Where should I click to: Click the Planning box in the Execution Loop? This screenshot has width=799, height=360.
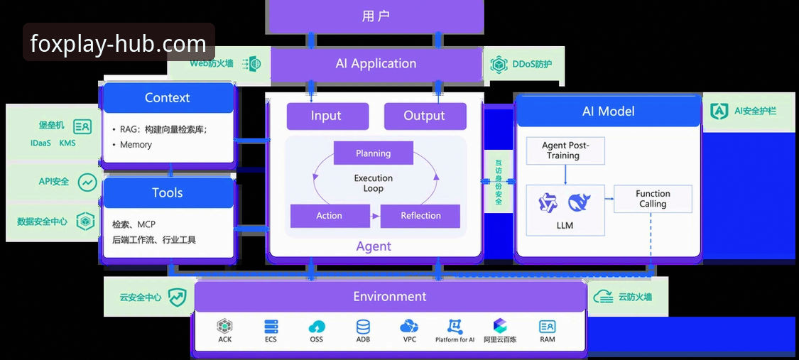(373, 153)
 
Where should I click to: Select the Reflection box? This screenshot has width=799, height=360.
(420, 216)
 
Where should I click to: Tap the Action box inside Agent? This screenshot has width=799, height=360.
(330, 216)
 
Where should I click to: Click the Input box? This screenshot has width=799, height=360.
(327, 116)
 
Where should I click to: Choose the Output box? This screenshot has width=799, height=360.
(425, 116)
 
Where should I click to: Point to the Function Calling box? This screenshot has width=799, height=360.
(653, 199)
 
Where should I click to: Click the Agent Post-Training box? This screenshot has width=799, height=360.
(565, 151)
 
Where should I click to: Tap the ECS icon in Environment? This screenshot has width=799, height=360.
(271, 327)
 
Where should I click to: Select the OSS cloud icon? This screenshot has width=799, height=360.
(317, 327)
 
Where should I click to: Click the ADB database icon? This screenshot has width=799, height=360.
(364, 327)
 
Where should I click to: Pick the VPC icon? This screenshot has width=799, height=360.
(409, 327)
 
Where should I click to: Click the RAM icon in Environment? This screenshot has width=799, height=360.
(548, 327)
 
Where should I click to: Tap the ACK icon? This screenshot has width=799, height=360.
(224, 327)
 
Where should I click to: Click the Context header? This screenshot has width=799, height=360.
(168, 98)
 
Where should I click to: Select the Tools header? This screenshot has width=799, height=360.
(168, 193)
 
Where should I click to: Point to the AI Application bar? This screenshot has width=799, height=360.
(376, 64)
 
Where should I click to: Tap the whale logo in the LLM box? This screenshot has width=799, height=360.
(579, 202)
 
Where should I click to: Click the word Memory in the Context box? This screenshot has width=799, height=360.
(136, 145)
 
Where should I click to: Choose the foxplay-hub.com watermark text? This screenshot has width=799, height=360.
(118, 43)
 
